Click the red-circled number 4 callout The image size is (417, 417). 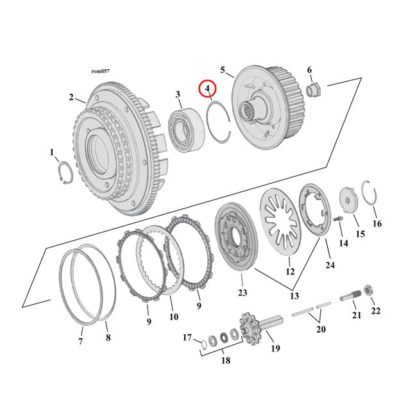click(x=208, y=89)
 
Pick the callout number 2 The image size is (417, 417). click(x=71, y=97)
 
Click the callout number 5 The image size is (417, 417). click(x=223, y=69)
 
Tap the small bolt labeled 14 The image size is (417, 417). click(x=340, y=222)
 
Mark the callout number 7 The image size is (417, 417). click(x=81, y=341)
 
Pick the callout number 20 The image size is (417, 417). click(x=321, y=329)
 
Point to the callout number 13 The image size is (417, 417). click(x=295, y=296)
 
